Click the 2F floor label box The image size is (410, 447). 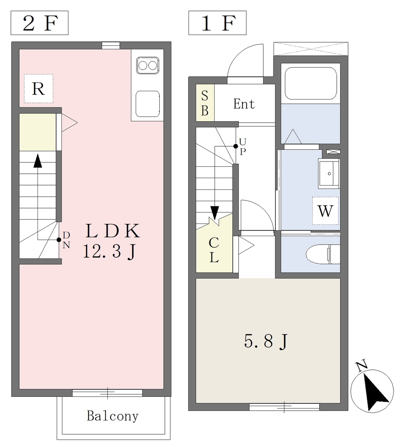39,23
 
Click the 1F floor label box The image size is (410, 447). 217,23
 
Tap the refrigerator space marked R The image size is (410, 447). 38,89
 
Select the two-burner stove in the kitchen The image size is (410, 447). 147,65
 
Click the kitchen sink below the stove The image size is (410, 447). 147,104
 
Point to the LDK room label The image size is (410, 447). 113,231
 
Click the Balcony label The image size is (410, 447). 113,416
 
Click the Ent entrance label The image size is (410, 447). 244,104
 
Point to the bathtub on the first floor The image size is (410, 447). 311,83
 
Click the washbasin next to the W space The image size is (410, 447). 329,173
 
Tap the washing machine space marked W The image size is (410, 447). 325,211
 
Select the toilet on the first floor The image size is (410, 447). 323,254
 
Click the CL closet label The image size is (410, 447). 214,250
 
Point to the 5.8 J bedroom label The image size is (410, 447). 266,341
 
